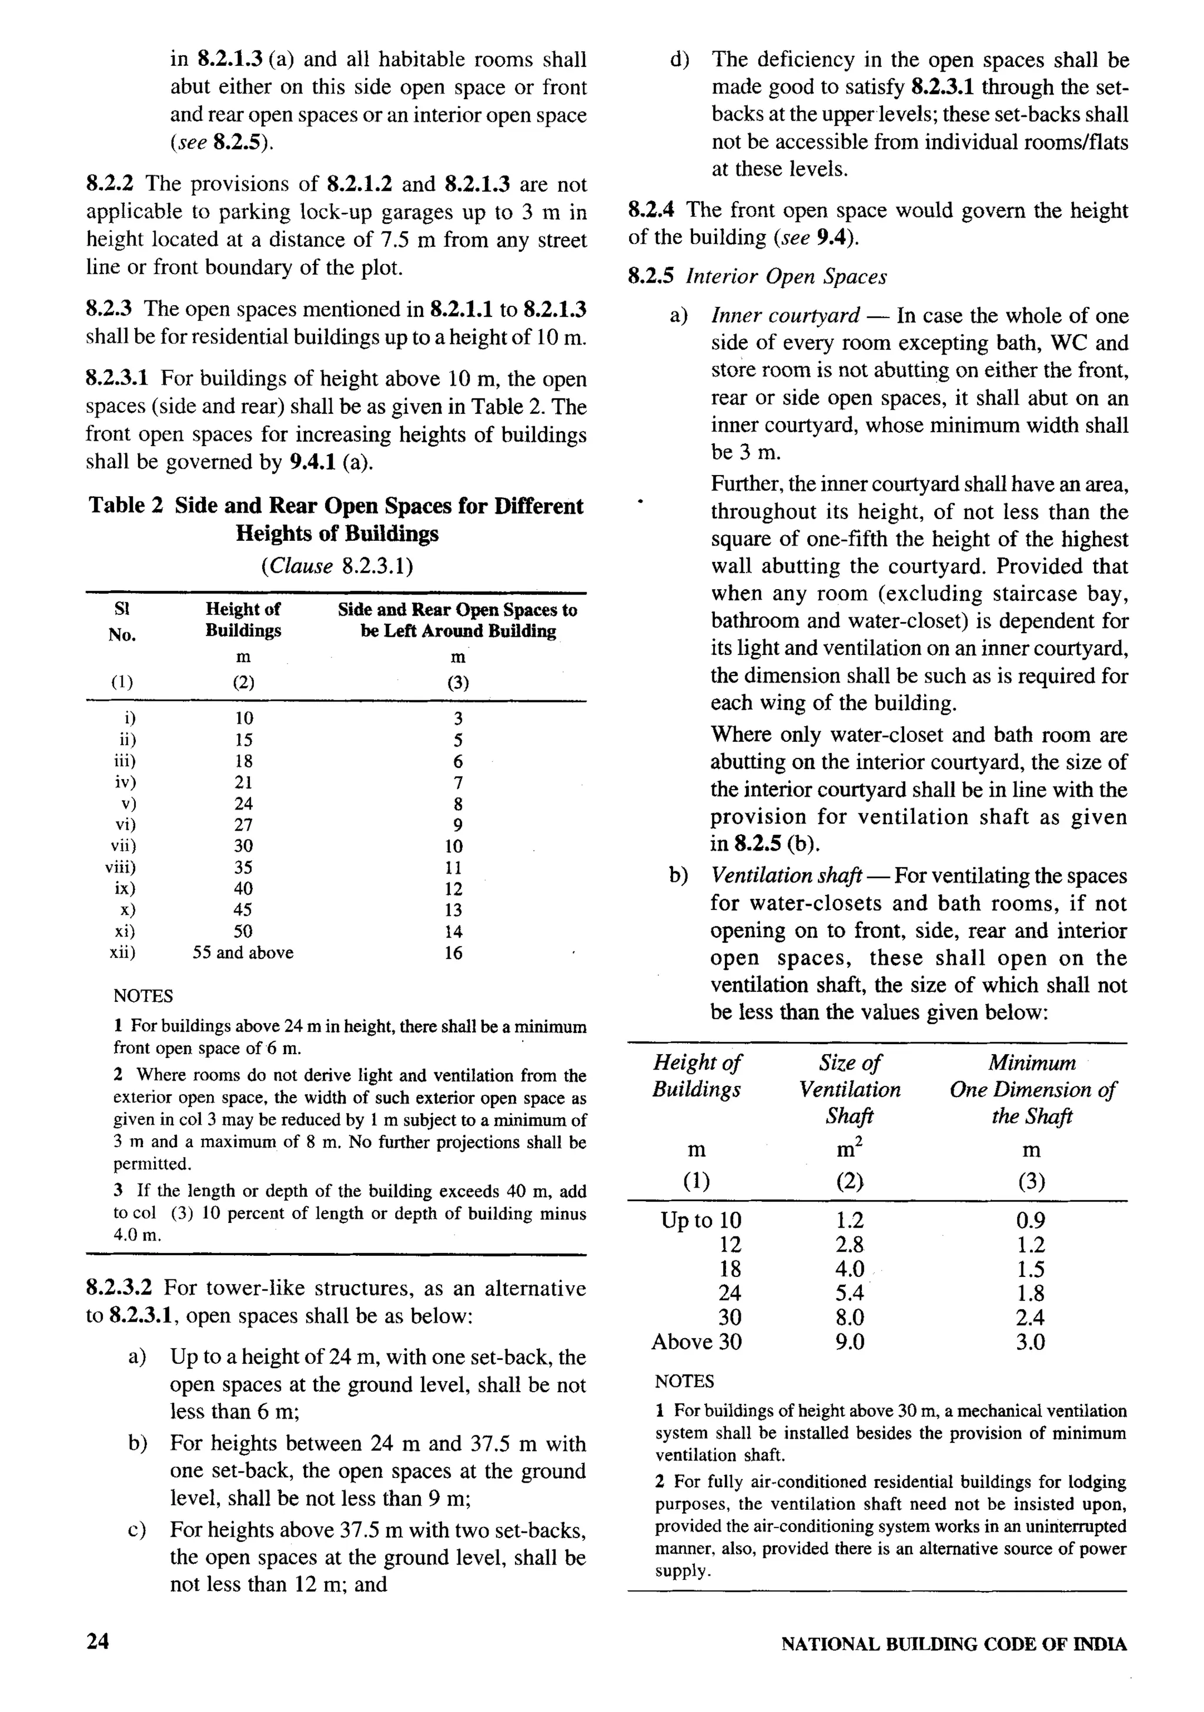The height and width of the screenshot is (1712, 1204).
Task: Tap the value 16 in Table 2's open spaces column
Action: coord(453,953)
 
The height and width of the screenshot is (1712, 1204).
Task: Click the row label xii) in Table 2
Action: coord(123,952)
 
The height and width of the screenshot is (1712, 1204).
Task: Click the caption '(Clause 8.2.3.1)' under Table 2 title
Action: coord(337,566)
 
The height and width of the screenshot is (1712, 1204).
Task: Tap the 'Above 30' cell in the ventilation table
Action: coord(697,1342)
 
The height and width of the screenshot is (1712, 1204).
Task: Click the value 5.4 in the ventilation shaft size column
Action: coord(850,1293)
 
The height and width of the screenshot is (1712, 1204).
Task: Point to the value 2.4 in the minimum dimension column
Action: coord(1031,1318)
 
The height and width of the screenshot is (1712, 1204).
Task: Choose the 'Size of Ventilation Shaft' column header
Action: coord(850,1089)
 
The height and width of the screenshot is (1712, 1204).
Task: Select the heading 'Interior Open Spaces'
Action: coord(787,277)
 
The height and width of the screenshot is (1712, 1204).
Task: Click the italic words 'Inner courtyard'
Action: coord(786,315)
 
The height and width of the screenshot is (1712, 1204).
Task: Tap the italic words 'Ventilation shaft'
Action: coord(787,875)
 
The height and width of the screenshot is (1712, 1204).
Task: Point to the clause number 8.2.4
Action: coord(653,210)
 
